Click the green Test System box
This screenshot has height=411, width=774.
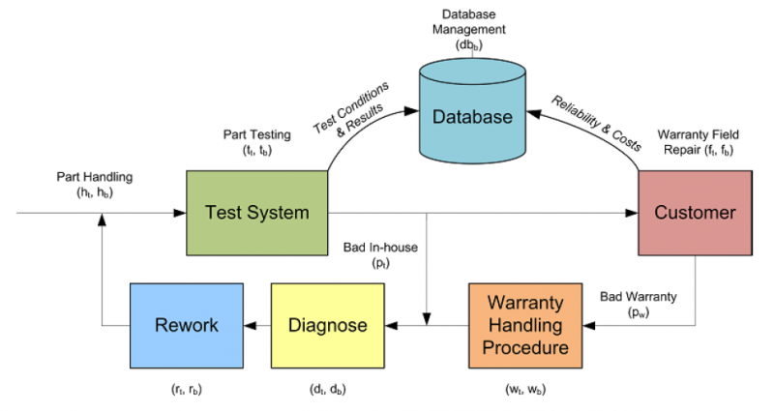coord(255,213)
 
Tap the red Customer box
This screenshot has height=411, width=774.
coord(695,213)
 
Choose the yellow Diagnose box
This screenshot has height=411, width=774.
coord(328,325)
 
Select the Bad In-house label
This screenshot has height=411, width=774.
coord(380,254)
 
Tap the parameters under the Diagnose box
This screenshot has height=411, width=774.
coord(328,390)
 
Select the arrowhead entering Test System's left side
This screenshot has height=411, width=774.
coord(179,213)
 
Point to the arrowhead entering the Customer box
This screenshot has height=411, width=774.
coord(632,213)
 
